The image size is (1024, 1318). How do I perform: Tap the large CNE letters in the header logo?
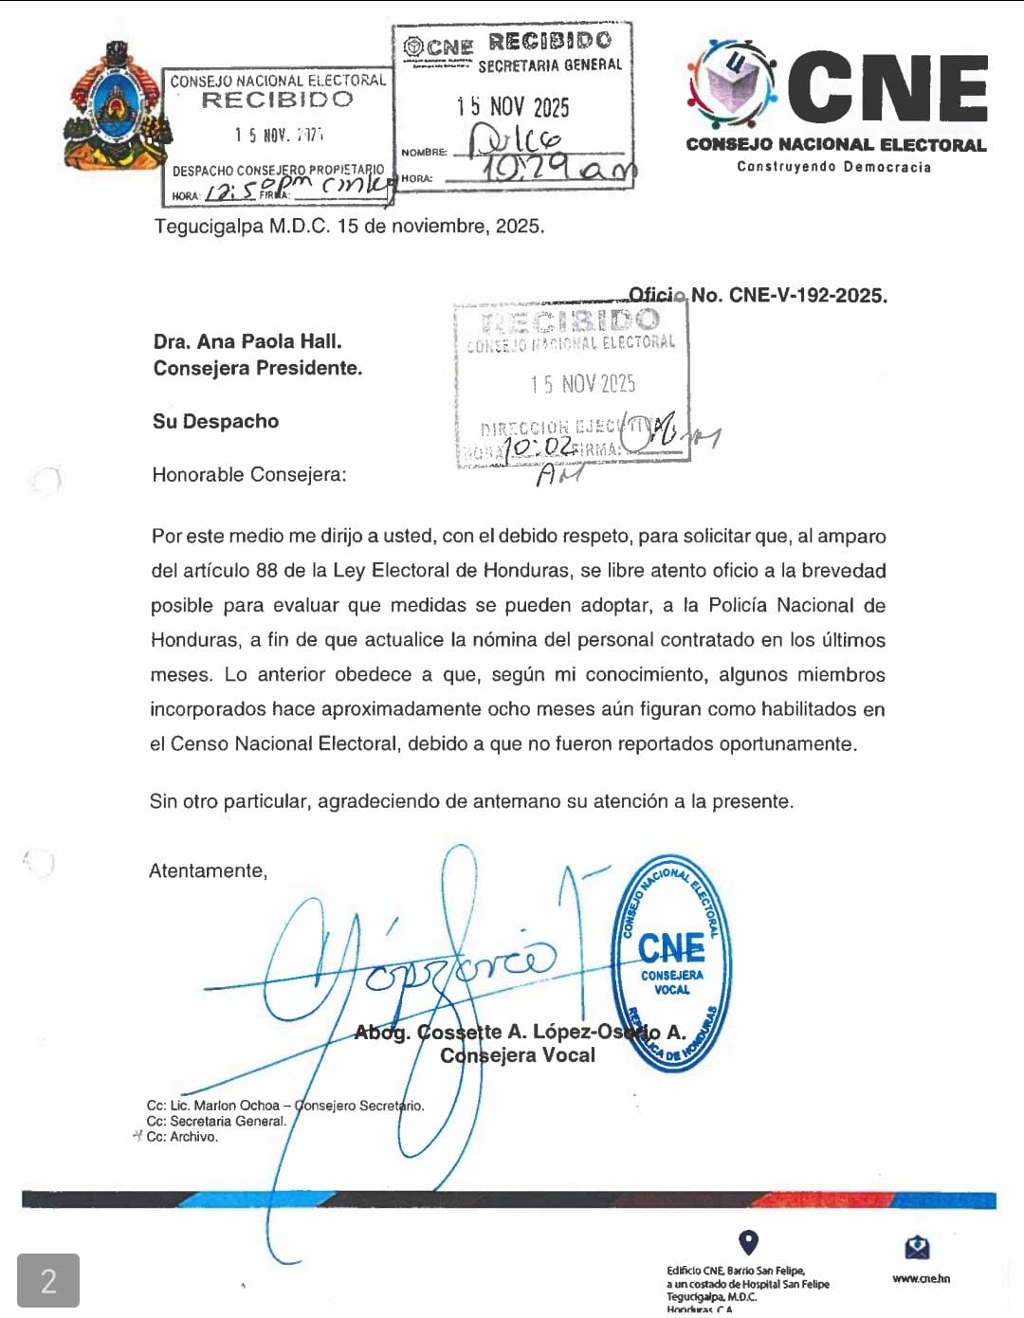coord(887,88)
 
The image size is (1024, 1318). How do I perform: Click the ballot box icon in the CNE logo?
coord(734,82)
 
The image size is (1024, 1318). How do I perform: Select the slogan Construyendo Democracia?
coord(834,167)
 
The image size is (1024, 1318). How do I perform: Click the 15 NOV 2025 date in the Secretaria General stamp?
coord(513,106)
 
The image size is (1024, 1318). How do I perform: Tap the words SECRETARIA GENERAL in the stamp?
coord(550,65)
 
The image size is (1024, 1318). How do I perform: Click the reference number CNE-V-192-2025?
coord(807,295)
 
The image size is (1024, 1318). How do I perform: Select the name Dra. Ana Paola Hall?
coord(247,341)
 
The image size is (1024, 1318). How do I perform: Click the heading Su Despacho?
coord(215,421)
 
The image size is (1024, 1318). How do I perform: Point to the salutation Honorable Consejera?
coord(249,474)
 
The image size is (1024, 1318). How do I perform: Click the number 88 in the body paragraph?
coord(266,571)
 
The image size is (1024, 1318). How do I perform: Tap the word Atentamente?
coord(208,870)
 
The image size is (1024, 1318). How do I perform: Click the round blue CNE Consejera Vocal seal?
coord(671,963)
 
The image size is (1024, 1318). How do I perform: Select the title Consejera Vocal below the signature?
coord(518,1055)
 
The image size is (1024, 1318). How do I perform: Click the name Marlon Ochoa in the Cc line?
coord(237,1106)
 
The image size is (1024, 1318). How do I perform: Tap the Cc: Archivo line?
coord(182,1137)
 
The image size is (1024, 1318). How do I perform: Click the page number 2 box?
coord(48,1281)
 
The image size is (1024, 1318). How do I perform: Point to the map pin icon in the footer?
coord(748,1242)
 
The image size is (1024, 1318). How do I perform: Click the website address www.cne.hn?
coord(921,1278)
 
